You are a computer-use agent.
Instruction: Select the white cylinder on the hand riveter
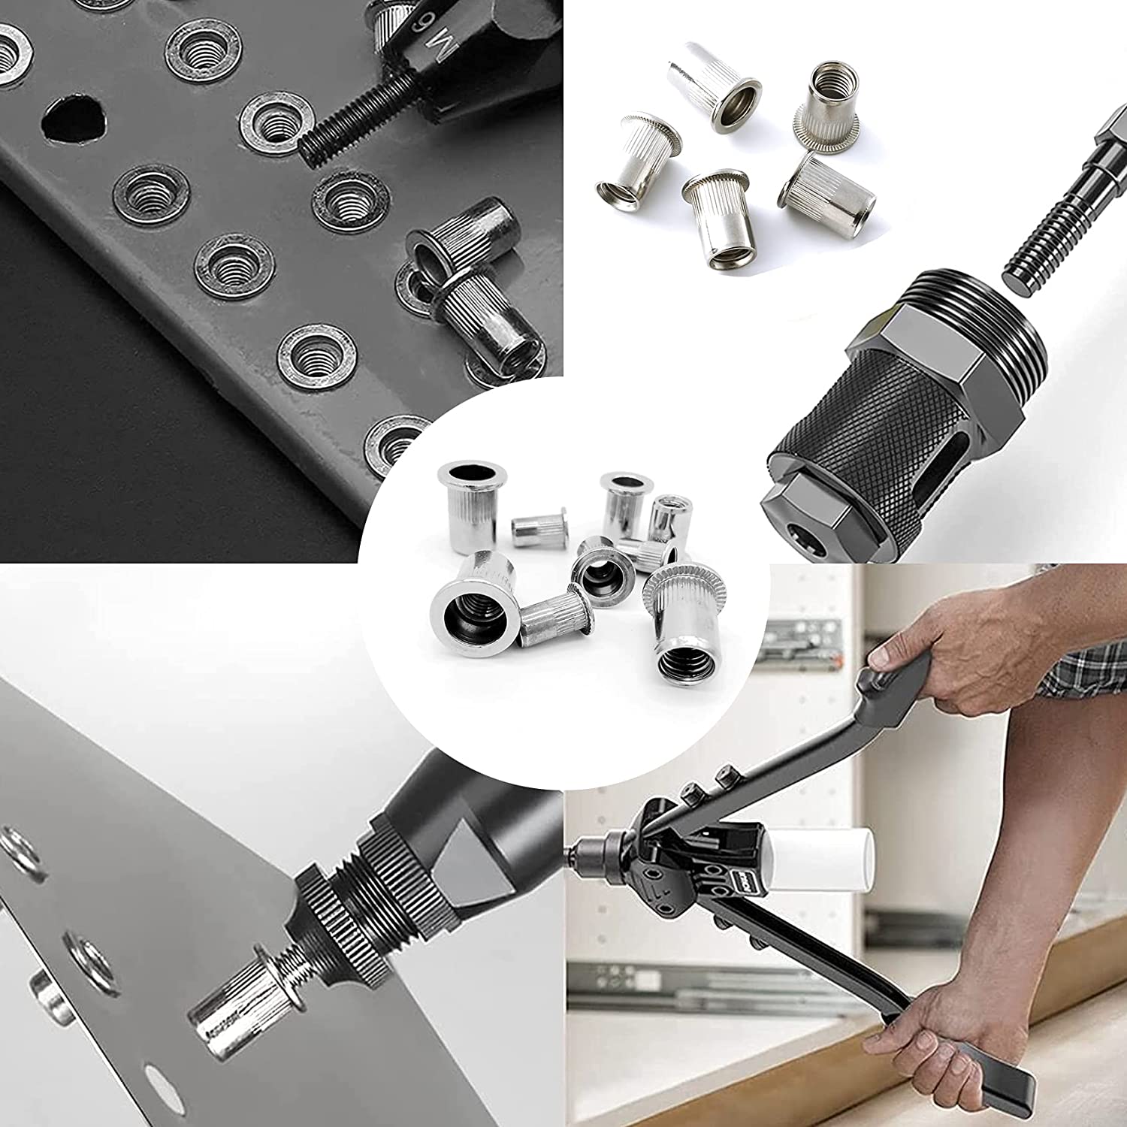(x=819, y=857)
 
